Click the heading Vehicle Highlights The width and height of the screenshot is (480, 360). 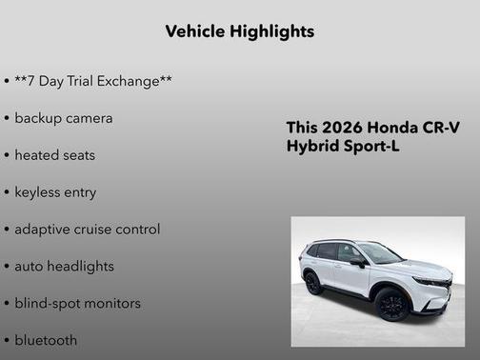point(239,31)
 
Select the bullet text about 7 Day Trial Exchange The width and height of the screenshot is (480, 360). point(92,81)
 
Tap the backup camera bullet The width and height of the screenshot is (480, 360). point(63,118)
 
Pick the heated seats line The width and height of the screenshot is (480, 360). point(54,154)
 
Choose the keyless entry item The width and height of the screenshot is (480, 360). point(55,191)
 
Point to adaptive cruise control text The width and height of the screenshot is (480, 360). point(87,229)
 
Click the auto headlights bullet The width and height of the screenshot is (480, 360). point(64,266)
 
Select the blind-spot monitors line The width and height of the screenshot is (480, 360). point(77,303)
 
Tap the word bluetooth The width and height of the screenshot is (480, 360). point(46,340)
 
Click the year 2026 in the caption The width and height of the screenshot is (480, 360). point(342,128)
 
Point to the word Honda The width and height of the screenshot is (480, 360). point(391,128)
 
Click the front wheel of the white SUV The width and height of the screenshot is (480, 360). point(391,305)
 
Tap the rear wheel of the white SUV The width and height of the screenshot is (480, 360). point(313,282)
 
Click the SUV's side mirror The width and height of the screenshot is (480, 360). point(356,262)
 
